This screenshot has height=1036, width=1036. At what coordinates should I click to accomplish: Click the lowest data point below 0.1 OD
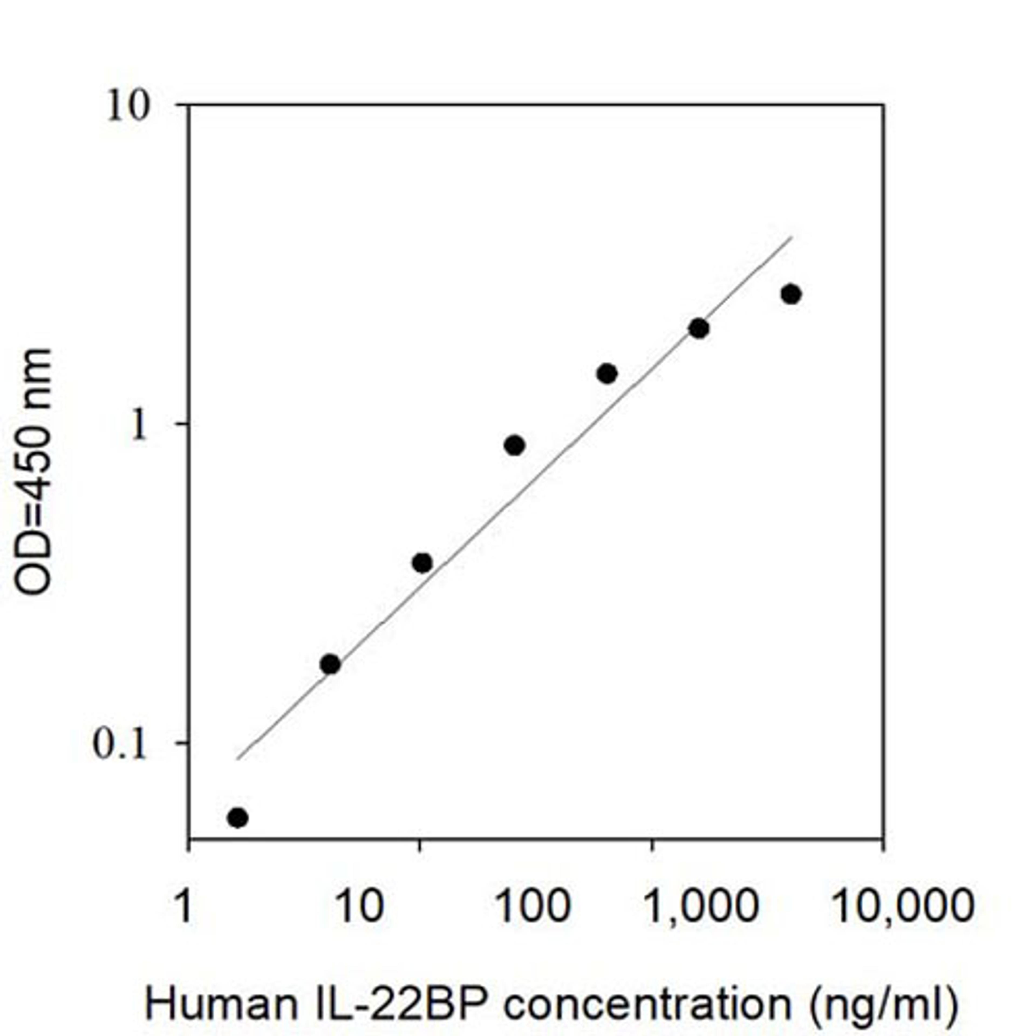point(237,818)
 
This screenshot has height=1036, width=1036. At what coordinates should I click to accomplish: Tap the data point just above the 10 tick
point(422,563)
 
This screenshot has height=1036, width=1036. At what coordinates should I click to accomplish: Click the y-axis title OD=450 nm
point(33,472)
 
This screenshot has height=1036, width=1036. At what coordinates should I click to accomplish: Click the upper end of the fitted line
point(791,237)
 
